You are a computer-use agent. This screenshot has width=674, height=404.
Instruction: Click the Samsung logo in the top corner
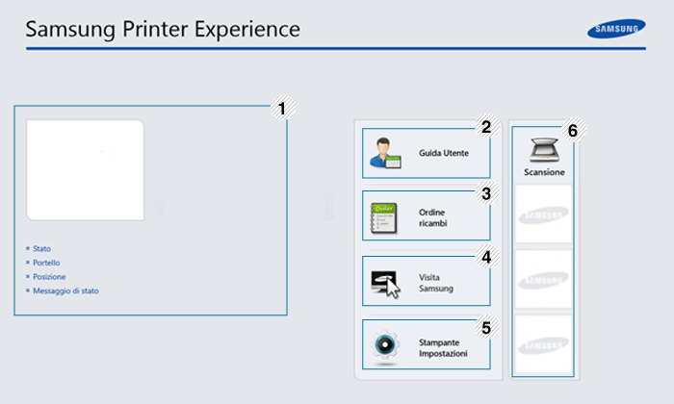click(616, 28)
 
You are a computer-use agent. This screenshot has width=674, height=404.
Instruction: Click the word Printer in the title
click(155, 29)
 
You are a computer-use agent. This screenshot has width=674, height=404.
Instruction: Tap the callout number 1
click(282, 108)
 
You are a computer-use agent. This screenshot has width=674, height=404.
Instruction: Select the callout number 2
click(486, 127)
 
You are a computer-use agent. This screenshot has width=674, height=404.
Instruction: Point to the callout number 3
click(486, 193)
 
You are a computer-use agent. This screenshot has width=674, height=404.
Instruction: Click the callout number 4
click(486, 257)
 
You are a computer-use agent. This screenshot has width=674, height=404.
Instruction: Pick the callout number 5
click(486, 328)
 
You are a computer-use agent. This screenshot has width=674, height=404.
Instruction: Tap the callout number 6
click(573, 131)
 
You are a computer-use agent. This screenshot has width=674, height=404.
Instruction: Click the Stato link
click(41, 248)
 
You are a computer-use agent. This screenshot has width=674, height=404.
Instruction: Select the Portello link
click(46, 263)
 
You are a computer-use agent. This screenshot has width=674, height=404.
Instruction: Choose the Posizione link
click(49, 277)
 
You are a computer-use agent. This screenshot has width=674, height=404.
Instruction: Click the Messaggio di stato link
click(65, 291)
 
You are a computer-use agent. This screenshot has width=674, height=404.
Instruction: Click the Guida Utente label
click(444, 153)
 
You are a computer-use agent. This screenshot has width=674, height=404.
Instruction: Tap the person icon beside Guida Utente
click(385, 153)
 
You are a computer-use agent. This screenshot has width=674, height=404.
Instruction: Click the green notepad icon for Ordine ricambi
click(384, 218)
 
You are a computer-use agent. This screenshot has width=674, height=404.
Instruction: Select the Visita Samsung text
click(436, 283)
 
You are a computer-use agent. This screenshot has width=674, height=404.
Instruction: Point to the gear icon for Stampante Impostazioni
click(385, 344)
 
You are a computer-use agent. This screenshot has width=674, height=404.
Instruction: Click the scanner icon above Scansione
click(544, 150)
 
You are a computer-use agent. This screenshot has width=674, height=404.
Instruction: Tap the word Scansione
click(544, 172)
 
